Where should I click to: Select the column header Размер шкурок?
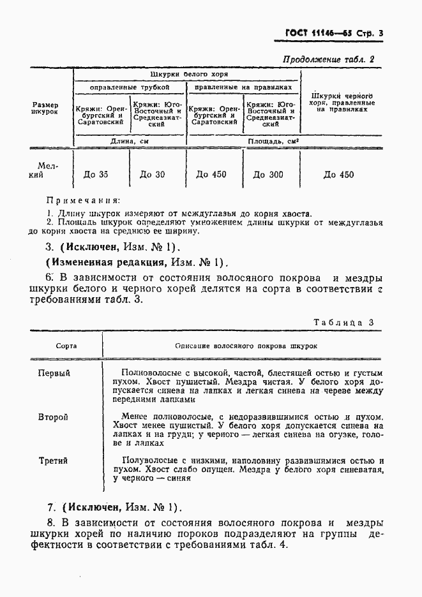point(45,108)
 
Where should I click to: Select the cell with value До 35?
point(96,175)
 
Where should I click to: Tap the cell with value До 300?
point(267,175)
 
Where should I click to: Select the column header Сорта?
point(66,345)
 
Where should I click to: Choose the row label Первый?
point(54,373)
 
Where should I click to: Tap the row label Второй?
point(53,417)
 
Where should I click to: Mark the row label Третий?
point(53,461)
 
